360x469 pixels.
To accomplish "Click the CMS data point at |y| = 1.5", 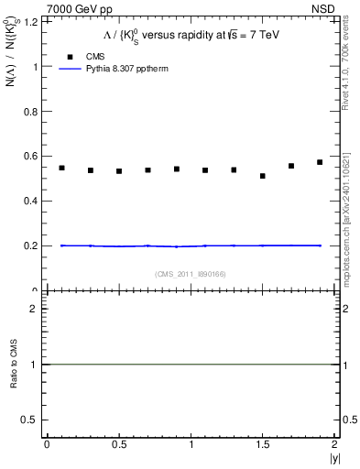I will coord(263,176).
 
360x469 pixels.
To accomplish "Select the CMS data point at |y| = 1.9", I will coord(320,162).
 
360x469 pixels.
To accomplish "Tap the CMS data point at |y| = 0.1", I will coord(61,168).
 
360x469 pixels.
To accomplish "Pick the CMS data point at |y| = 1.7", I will coord(291,166).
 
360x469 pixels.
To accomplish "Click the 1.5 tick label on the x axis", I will coord(263,444).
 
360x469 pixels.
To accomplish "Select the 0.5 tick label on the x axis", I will coord(118,444).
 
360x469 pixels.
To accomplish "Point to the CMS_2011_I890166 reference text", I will coord(191,273).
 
